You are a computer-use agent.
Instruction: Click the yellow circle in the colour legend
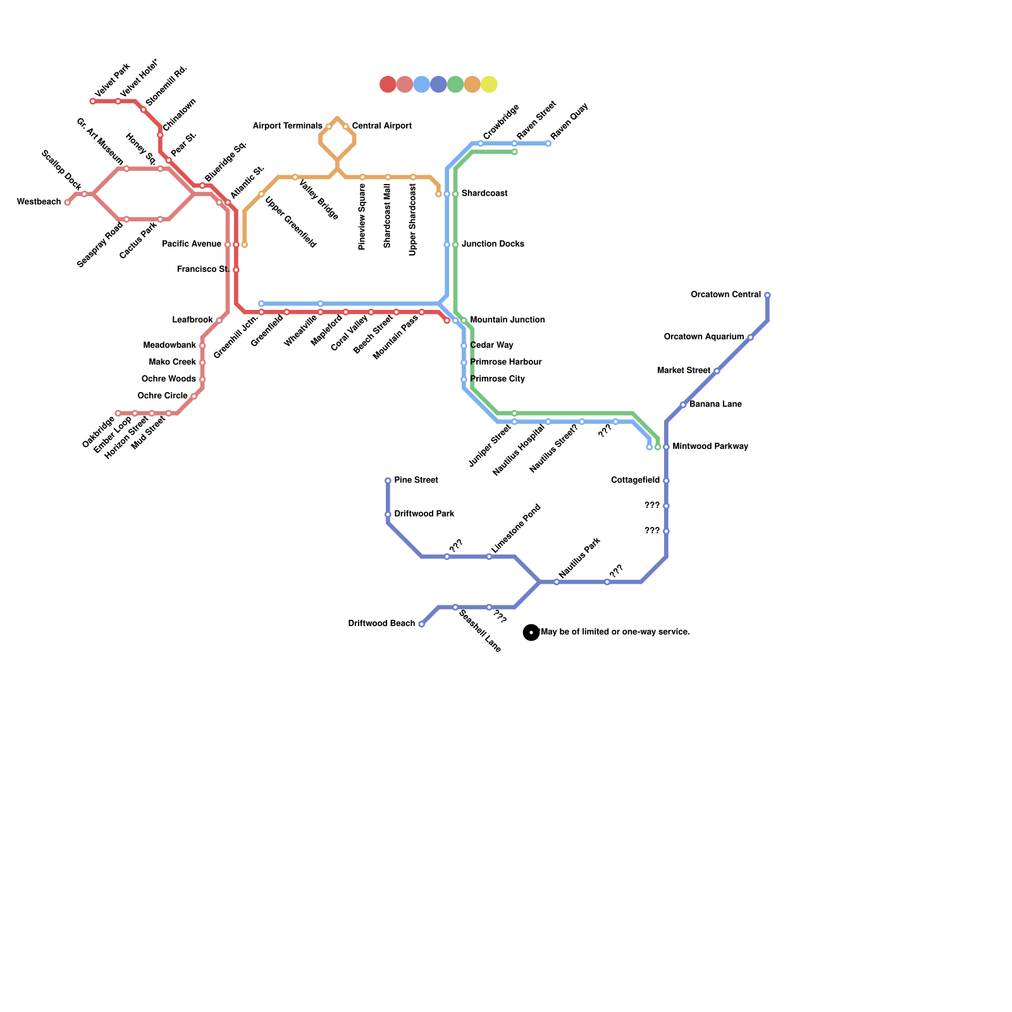[489, 84]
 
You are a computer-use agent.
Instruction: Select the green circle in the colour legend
[455, 84]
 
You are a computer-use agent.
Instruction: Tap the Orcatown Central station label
[725, 295]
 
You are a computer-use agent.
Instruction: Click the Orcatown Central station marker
[767, 295]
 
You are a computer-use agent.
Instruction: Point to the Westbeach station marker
[68, 202]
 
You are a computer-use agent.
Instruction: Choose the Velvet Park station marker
[93, 101]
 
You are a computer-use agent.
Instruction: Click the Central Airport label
[381, 126]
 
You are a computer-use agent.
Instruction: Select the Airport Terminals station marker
[329, 126]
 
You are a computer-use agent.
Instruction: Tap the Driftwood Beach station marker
[422, 624]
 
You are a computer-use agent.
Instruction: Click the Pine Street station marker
[388, 481]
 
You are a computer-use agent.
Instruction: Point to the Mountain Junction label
[507, 320]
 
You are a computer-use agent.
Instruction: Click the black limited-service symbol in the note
[531, 632]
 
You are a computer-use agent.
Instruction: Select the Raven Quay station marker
[548, 144]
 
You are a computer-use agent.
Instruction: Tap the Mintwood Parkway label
[710, 447]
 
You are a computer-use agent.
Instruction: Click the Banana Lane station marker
[683, 405]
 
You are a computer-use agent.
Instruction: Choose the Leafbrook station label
[192, 320]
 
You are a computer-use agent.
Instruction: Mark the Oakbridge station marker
[118, 414]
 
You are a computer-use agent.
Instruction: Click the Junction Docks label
[493, 244]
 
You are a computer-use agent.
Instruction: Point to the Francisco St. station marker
[236, 270]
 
